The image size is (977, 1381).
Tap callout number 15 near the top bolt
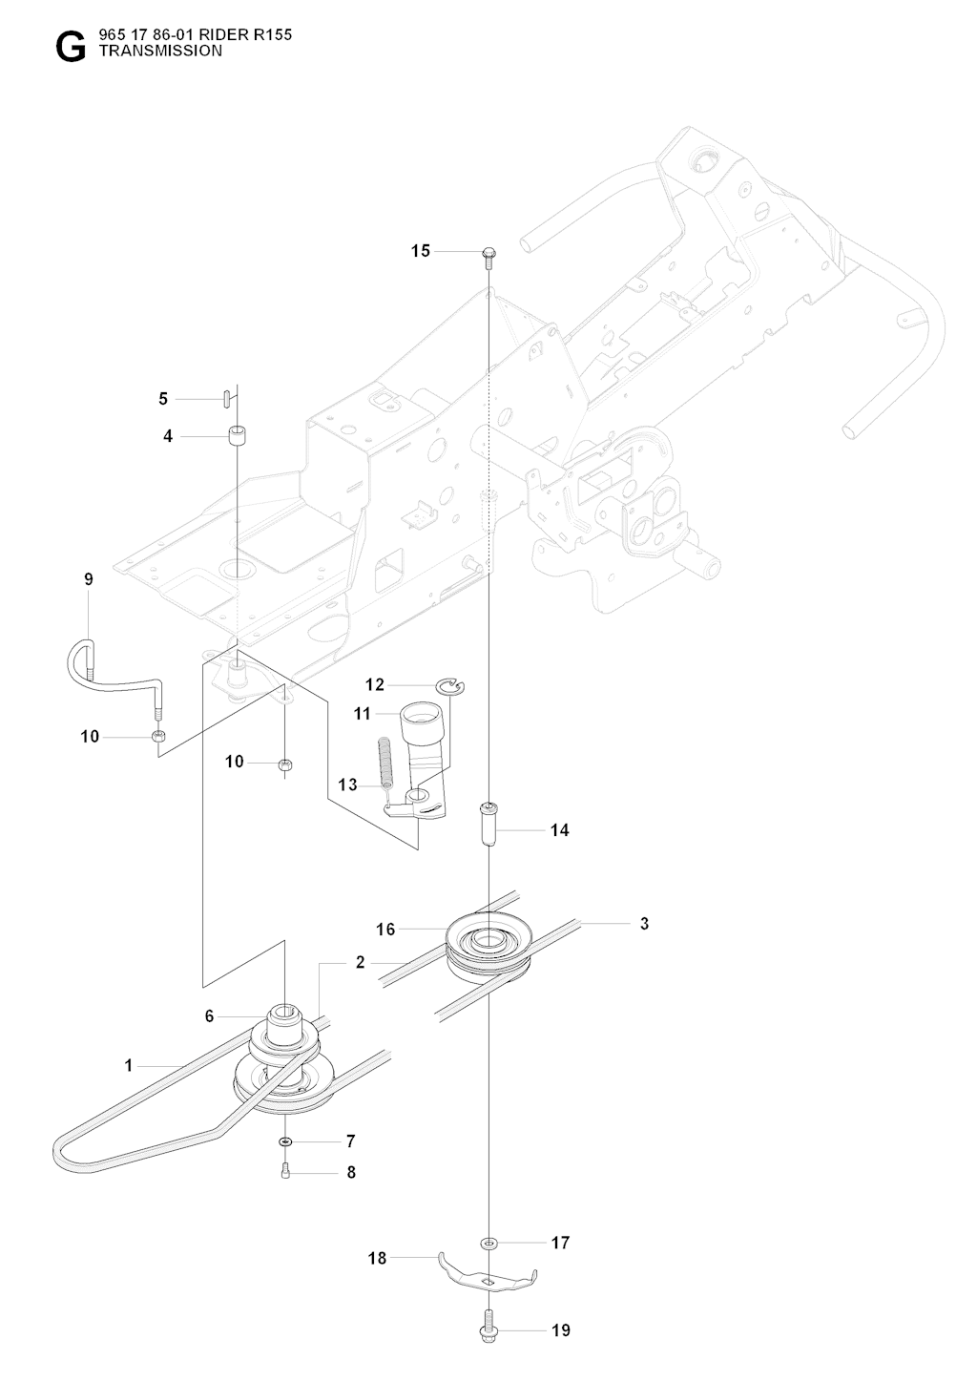[x=421, y=251]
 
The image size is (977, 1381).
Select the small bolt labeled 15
[x=488, y=256]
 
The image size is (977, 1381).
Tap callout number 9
[x=89, y=579]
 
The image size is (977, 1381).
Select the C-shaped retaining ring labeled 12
[x=450, y=684]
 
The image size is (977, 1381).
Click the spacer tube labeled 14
[x=488, y=823]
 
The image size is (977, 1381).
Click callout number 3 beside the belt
[x=644, y=924]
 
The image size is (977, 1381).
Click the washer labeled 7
[x=285, y=1141]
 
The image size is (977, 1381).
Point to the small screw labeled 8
[x=285, y=1172]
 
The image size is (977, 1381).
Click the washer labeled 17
[x=489, y=1243]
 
